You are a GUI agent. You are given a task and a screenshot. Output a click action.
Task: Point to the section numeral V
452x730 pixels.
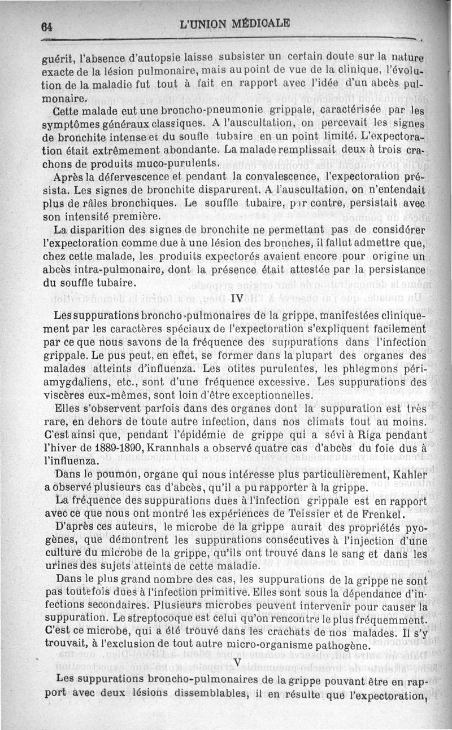(237, 662)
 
